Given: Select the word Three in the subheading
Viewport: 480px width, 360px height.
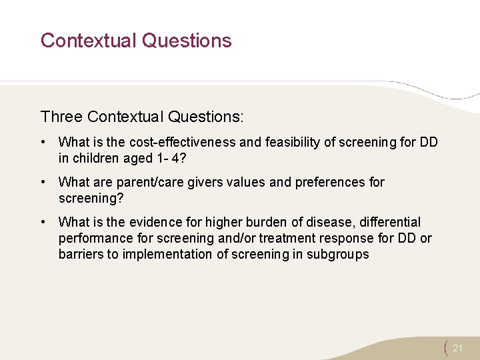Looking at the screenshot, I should (61, 117).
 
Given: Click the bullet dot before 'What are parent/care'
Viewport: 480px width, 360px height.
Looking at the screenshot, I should (43, 182).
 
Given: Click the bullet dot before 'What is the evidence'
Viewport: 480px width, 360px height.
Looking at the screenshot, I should (43, 222).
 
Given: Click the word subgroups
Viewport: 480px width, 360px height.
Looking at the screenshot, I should (337, 254).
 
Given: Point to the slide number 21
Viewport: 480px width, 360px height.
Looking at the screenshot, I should (457, 348).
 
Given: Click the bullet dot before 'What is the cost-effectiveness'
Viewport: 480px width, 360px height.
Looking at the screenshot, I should (43, 142).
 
